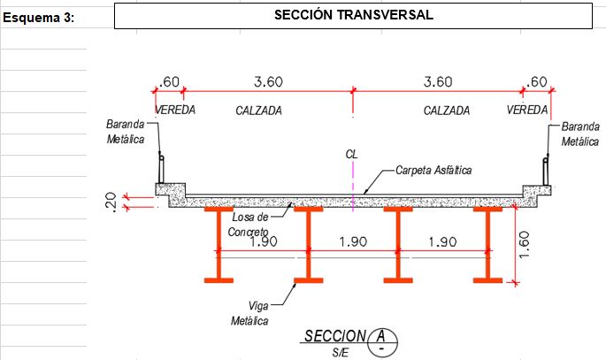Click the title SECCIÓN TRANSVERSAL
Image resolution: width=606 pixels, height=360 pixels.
[354, 15]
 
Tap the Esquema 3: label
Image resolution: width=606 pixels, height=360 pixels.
[38, 18]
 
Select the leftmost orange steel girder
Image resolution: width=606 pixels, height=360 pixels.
[219, 245]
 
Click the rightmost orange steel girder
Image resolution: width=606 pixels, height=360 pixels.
[487, 245]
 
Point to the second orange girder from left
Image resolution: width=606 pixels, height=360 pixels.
[309, 245]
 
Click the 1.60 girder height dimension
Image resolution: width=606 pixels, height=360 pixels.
[524, 245]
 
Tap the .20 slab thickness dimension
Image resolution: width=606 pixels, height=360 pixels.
[111, 202]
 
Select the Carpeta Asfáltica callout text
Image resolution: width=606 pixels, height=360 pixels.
[433, 171]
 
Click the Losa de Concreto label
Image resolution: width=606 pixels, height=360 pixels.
[249, 225]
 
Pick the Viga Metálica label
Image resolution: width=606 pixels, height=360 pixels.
[250, 313]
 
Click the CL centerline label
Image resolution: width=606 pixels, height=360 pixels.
[351, 155]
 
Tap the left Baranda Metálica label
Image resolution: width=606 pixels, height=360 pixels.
[126, 132]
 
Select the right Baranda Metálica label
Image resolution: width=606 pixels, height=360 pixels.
[580, 134]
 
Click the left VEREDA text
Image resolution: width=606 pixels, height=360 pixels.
[175, 110]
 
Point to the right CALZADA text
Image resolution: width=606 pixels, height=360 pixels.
[447, 111]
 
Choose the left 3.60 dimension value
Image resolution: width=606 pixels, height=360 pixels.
[268, 82]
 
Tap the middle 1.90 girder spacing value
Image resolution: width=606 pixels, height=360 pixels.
[353, 241]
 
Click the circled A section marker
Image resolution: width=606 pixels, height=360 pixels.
[382, 342]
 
